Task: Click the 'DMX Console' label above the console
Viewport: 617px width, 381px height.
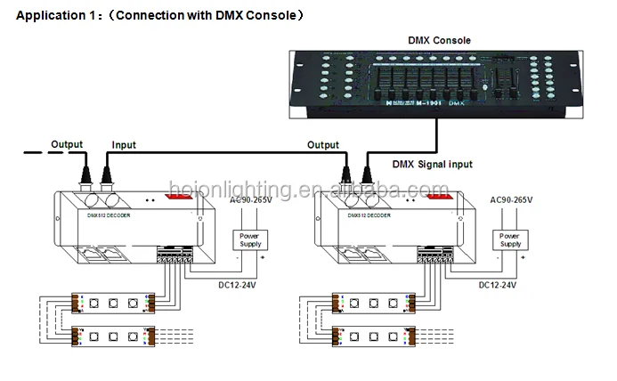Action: (439, 40)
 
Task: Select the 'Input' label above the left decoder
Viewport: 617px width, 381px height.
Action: (124, 144)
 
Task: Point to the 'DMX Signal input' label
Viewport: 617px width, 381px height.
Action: (433, 164)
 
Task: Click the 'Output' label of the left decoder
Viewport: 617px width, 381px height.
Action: (66, 144)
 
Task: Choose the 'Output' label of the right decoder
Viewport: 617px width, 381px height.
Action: (322, 144)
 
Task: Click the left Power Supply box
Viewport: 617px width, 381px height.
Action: (249, 239)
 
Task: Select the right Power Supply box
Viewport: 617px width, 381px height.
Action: (510, 239)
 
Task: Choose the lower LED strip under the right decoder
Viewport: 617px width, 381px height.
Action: (369, 339)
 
